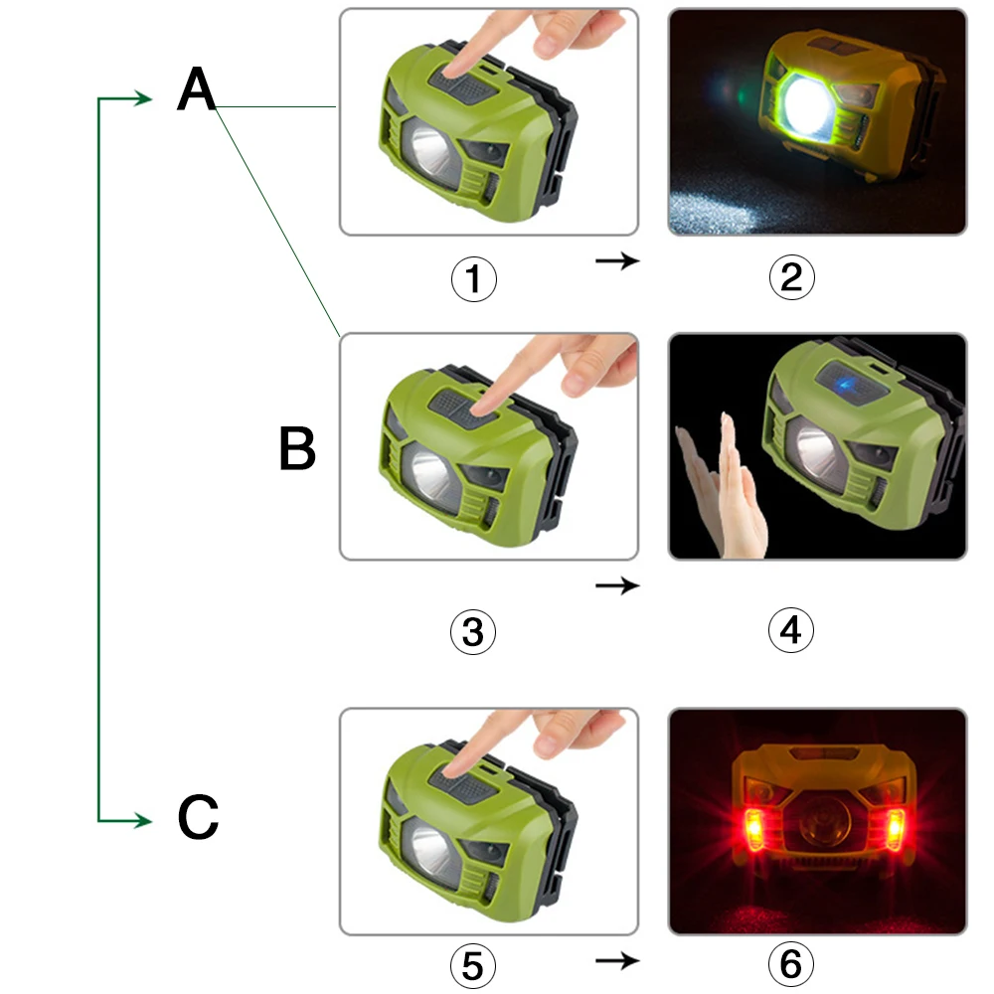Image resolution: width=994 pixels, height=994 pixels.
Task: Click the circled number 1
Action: pos(473,279)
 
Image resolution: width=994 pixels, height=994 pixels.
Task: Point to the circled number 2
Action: pos(792,277)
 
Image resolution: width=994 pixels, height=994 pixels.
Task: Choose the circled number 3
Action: pos(473,632)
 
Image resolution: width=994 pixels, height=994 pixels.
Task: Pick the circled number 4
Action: pos(791,630)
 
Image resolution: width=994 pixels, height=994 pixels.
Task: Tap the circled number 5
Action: pos(473,966)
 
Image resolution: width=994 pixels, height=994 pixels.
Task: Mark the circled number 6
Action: pos(791,963)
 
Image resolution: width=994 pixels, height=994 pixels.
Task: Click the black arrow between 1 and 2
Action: pos(617,260)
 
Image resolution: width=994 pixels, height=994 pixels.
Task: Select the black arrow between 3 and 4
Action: pos(617,585)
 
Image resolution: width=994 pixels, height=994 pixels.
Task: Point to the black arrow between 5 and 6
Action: pos(617,960)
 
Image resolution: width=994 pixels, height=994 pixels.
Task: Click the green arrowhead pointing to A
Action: pos(142,98)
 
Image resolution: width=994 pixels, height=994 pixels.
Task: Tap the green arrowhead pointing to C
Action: pos(142,821)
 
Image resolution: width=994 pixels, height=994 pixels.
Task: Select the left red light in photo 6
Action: pos(753,829)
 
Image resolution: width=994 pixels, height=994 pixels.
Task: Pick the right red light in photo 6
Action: pos(896,829)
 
